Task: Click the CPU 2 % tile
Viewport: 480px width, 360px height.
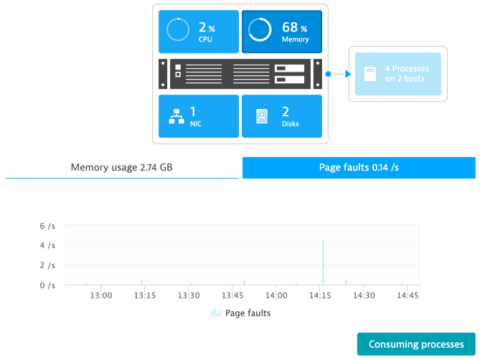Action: point(199,32)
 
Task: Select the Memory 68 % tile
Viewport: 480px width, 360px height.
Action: point(282,32)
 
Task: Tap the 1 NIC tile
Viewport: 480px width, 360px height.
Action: point(199,116)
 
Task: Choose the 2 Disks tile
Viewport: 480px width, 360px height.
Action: point(282,116)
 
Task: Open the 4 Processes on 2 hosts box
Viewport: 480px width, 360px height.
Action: point(398,74)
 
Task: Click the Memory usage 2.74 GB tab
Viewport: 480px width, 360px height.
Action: point(121,168)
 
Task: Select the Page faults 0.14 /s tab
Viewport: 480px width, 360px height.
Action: point(359,168)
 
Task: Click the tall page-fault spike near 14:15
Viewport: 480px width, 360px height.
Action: point(323,262)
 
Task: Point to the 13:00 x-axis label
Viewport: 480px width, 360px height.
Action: point(101,295)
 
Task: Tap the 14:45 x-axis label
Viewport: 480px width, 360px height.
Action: point(408,295)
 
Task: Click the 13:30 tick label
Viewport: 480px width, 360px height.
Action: point(189,295)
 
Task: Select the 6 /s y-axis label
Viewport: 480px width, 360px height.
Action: point(47,226)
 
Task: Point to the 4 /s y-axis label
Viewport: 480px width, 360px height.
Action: point(47,245)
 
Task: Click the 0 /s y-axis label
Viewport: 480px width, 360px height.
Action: point(47,285)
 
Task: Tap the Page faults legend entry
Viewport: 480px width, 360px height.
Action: point(240,313)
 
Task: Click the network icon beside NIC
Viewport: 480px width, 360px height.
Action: point(177,116)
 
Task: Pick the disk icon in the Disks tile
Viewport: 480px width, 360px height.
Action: point(262,116)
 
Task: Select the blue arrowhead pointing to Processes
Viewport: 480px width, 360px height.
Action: point(348,74)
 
